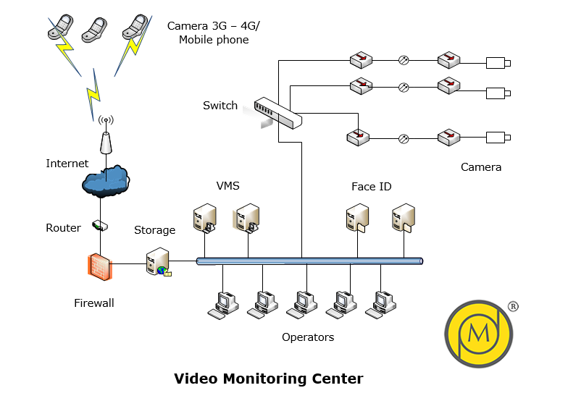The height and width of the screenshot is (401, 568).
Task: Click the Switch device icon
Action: [x=277, y=113]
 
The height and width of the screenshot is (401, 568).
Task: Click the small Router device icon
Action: [x=99, y=226]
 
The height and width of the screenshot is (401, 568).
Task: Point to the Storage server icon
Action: [x=158, y=262]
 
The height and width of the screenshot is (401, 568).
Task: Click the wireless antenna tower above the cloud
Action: [x=106, y=135]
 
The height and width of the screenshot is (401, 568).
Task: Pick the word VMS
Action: [x=227, y=186]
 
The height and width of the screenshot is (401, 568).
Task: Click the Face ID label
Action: [x=371, y=187]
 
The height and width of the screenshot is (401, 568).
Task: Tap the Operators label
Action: [x=308, y=337]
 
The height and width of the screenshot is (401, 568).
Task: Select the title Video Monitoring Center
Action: [x=268, y=379]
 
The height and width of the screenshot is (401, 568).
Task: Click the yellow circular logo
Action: [x=478, y=332]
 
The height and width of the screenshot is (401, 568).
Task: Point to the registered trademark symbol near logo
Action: [x=513, y=306]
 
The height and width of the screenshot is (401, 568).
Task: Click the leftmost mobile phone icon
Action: [x=57, y=27]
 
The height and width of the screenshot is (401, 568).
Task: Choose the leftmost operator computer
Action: [x=221, y=304]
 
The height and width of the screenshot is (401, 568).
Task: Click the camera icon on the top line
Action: [x=498, y=62]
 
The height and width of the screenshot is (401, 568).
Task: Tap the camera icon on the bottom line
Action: [x=498, y=136]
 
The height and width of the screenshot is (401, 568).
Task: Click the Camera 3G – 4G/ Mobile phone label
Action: [x=214, y=33]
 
